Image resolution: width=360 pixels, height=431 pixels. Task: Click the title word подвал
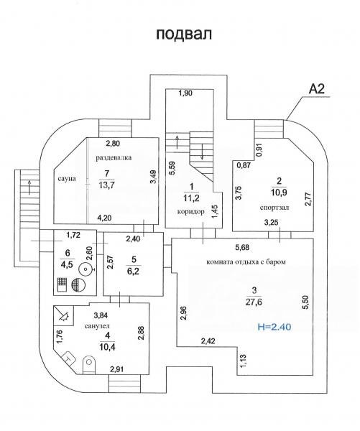[184, 34]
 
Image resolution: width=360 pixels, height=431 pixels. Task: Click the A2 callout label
[317, 89]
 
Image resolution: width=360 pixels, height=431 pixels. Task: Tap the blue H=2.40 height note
[274, 327]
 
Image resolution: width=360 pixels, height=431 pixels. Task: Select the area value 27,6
[254, 302]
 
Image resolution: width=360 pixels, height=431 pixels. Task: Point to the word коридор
[191, 212]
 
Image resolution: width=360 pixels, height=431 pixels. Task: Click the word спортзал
[274, 208]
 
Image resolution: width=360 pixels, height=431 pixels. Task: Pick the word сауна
[67, 178]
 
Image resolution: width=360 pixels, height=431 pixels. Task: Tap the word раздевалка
[114, 158]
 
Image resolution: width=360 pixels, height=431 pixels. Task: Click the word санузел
[97, 326]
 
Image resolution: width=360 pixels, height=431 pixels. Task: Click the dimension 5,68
[242, 248]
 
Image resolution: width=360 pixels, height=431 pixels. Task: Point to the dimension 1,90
[185, 93]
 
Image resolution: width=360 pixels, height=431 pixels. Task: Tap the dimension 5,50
[308, 302]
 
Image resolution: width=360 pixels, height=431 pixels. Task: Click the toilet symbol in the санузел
[88, 363]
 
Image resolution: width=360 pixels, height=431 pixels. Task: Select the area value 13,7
[107, 185]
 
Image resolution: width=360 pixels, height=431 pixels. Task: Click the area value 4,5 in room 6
[65, 264]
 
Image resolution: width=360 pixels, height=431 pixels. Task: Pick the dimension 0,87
[244, 165]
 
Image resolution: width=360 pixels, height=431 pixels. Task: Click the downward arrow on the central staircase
[202, 151]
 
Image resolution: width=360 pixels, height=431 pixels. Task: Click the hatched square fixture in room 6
[61, 285]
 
